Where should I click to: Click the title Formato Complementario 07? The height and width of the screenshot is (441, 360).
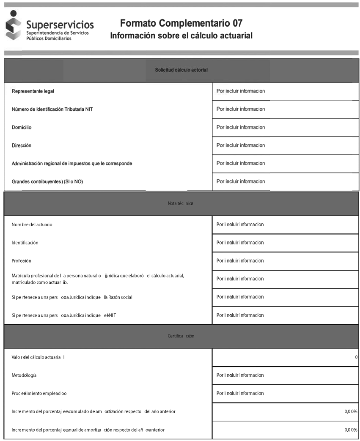tap(181, 23)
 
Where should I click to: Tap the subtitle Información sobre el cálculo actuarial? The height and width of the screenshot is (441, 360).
tap(181, 36)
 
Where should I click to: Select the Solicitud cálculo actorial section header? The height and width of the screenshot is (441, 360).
tap(181, 70)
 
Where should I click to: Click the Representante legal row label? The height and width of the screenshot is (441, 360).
tap(33, 91)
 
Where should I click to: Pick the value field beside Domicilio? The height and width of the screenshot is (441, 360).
tap(285, 127)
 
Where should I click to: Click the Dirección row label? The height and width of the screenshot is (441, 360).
tap(22, 145)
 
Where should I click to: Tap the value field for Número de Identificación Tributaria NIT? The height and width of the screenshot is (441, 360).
tap(285, 109)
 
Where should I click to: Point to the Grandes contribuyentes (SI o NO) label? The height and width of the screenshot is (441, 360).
tap(50, 182)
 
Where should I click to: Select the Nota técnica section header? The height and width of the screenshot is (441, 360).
tap(181, 204)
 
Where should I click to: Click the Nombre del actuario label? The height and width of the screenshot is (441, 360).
tap(32, 225)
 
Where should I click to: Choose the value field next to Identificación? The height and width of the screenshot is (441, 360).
tap(285, 243)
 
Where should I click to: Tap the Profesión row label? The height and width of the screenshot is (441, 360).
tap(22, 261)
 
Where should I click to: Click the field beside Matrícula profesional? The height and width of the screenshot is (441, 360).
tap(285, 279)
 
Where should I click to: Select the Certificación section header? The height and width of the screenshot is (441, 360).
tap(181, 336)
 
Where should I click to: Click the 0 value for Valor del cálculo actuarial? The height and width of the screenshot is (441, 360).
tap(356, 357)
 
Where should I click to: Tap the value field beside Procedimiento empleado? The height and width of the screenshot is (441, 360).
tap(285, 393)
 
